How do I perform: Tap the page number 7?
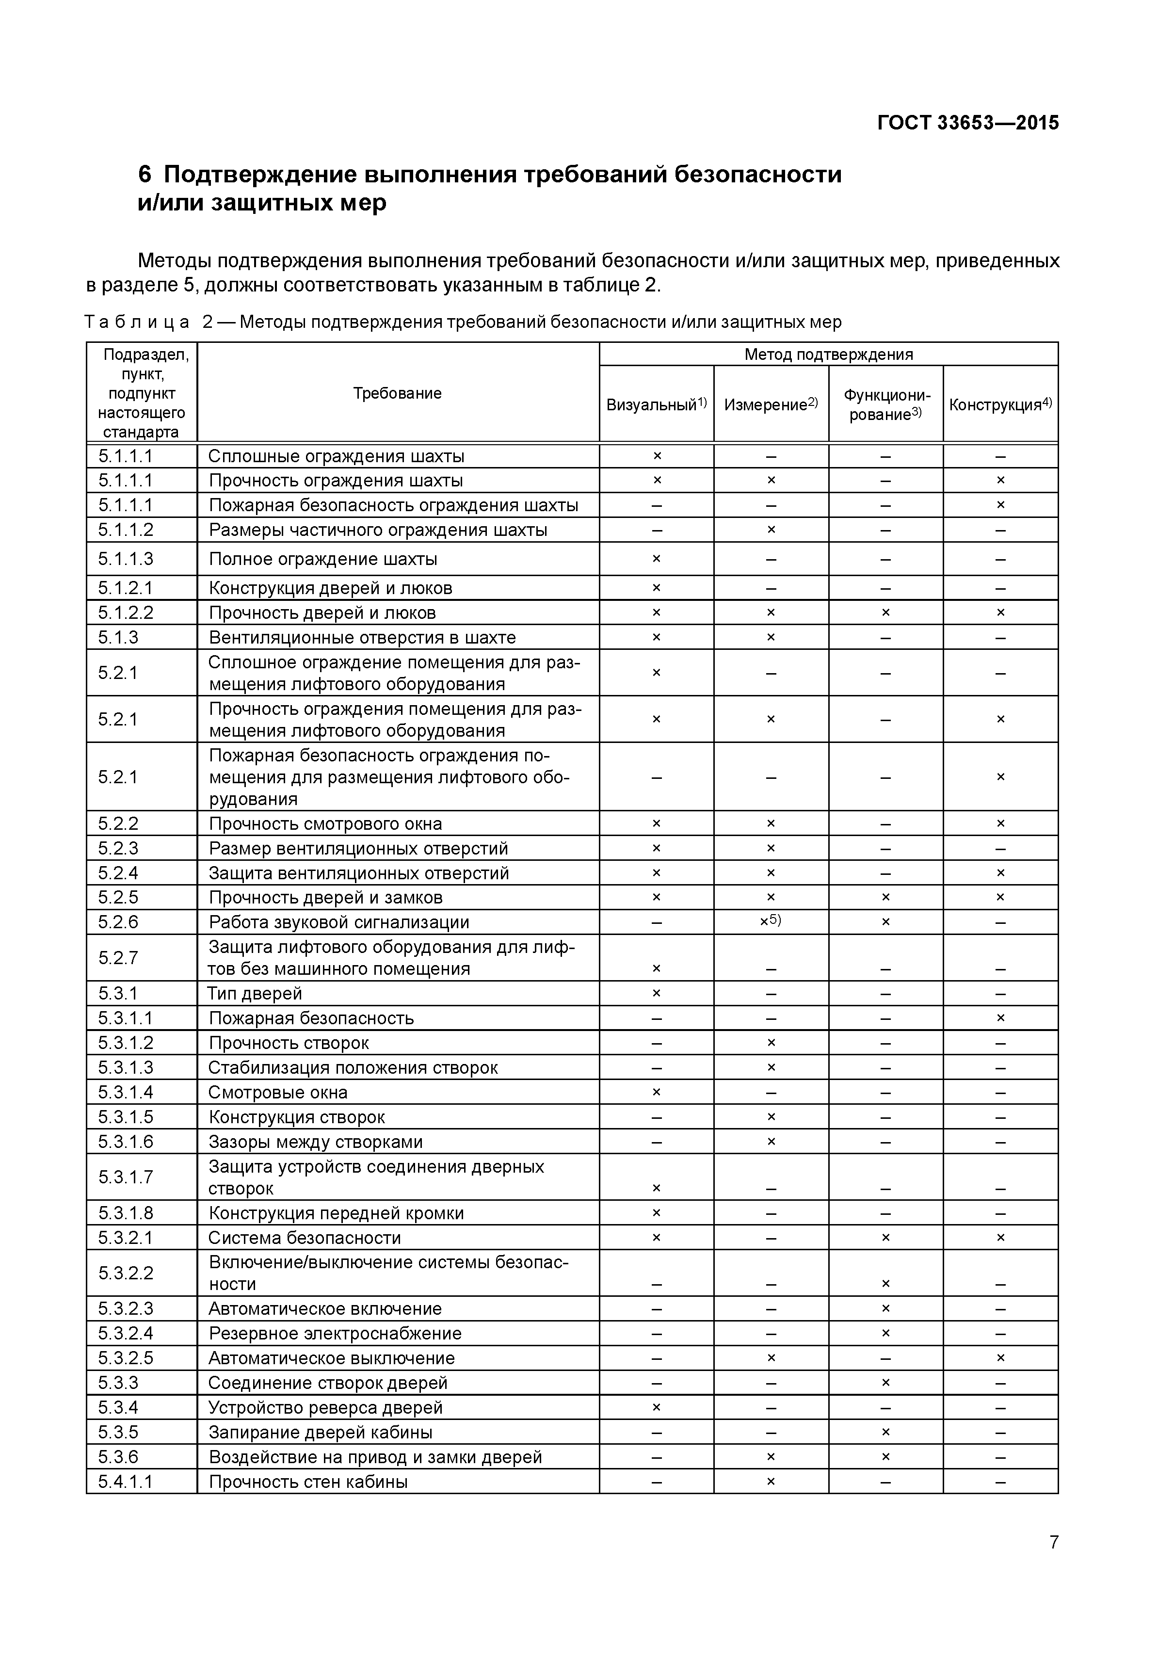point(1053,1563)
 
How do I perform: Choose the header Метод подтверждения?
point(828,355)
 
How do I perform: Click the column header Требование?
point(397,393)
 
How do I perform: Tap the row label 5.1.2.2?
point(126,613)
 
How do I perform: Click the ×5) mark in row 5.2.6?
point(771,921)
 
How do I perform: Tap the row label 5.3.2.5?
point(126,1358)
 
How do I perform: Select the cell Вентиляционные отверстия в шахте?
point(362,637)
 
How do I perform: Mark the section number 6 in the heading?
point(145,175)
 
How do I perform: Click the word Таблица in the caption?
point(137,322)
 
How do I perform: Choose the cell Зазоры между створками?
point(315,1142)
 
